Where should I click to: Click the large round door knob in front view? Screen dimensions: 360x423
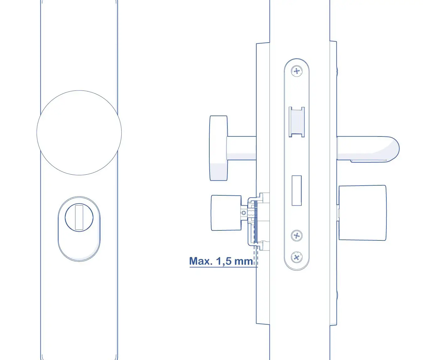pos(79,133)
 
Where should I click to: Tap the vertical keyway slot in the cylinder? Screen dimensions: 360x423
pos(79,217)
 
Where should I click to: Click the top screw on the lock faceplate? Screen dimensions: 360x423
pos(296,71)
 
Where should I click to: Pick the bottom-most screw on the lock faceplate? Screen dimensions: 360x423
pos(296,258)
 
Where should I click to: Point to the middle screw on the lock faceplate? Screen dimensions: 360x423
pos(296,235)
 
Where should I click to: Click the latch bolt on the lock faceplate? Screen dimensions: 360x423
pos(296,122)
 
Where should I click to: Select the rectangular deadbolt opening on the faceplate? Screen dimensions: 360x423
pos(296,190)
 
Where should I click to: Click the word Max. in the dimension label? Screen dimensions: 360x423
pos(201,261)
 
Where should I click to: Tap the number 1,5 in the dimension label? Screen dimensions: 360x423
pos(224,261)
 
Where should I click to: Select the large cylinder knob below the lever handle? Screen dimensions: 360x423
pos(362,213)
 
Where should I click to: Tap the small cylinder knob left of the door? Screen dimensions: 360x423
pos(226,213)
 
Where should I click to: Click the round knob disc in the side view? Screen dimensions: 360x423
pos(218,148)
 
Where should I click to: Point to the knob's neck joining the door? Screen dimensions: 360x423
pos(241,148)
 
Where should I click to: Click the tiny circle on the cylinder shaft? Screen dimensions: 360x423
pos(243,213)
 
